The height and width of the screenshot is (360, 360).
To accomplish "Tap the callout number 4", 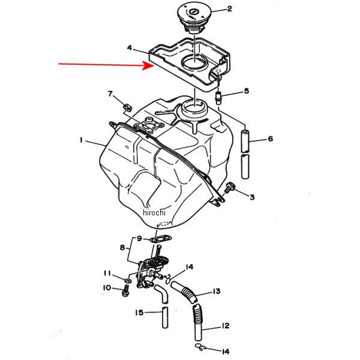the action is click(130, 48).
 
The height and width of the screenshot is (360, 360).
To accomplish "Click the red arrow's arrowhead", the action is click(149, 65).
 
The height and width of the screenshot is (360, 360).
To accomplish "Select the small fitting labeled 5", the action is click(218, 98).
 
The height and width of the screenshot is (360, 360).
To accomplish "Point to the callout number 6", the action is click(271, 139).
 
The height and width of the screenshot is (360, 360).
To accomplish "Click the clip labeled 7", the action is click(128, 107).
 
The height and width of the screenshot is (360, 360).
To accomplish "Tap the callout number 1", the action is click(81, 140).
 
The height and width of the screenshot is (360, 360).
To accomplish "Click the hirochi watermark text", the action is click(154, 212).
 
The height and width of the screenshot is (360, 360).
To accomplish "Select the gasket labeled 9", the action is click(161, 239).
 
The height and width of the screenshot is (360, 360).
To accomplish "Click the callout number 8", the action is click(122, 247).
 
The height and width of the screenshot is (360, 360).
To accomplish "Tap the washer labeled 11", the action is click(128, 280).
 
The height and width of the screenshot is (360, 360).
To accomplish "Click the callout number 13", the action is click(217, 291).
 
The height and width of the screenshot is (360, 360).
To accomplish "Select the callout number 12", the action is click(225, 325).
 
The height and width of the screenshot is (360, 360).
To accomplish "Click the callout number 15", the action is click(139, 312).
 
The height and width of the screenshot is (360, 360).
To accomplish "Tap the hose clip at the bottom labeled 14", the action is click(200, 347).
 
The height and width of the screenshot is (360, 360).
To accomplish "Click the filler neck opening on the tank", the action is click(194, 107).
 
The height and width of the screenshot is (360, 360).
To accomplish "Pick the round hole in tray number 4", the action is click(194, 62).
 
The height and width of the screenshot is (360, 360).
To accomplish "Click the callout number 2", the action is click(229, 9).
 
